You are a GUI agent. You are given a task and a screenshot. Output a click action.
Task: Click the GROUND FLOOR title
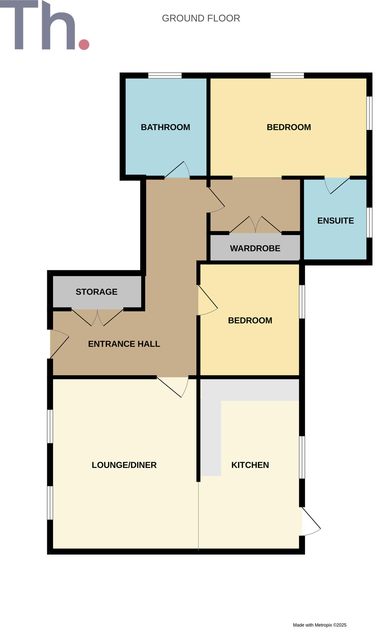[201, 18]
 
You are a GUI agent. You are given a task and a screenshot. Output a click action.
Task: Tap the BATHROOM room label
[165, 127]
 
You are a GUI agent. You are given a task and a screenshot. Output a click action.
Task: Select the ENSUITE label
[335, 221]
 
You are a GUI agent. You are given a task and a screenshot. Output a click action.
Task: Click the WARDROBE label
[255, 248]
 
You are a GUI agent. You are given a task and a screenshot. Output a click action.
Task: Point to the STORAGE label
[96, 292]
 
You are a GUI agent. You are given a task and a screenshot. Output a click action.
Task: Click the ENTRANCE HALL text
[124, 344]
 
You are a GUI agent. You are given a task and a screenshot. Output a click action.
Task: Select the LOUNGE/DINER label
[124, 465]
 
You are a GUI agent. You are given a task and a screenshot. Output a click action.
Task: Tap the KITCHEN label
[250, 465]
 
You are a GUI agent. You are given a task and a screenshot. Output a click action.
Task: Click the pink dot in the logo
[84, 45]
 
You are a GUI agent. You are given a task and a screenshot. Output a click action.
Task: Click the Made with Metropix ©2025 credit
[319, 625]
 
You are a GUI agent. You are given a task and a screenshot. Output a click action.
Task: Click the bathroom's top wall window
[165, 75]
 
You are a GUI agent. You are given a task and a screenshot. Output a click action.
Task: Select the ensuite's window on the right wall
[369, 222]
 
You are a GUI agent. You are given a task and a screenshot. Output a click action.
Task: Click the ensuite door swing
[337, 185]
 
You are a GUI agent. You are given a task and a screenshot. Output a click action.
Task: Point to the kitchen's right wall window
[302, 457]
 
